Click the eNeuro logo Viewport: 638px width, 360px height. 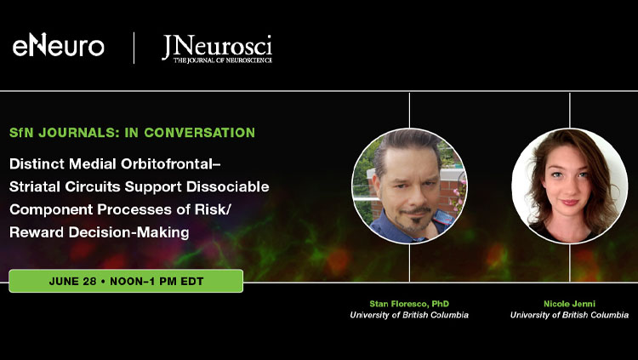58,45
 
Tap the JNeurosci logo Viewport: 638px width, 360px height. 217,49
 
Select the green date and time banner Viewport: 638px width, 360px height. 126,281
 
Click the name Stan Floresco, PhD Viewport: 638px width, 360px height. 409,304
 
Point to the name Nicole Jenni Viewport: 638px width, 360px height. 569,304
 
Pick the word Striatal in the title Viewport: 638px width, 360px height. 35,186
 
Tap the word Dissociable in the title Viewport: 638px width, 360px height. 227,186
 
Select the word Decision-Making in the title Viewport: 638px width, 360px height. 128,232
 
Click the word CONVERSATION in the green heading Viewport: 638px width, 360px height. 199,133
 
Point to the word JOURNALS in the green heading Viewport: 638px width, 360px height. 79,133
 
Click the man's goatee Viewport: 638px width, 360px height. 416,223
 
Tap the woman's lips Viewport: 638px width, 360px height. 569,202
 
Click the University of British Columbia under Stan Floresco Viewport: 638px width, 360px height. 409,315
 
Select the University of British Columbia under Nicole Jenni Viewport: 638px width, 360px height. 569,315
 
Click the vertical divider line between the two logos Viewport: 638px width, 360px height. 134,48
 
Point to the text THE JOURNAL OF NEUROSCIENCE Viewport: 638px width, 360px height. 223,60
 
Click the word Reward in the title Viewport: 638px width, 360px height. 37,232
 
